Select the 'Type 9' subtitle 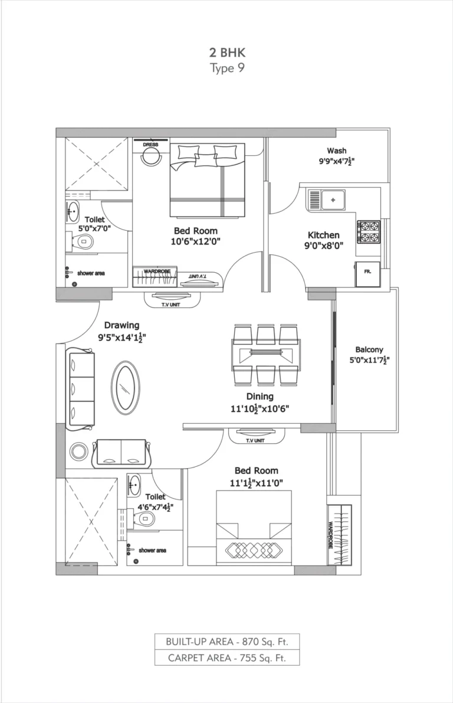point(226,68)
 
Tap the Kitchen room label point(322,234)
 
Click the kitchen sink point(333,200)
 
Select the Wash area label point(337,150)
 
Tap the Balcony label point(369,349)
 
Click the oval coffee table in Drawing point(126,388)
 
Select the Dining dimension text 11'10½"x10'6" point(260,408)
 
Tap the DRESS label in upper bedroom point(150,145)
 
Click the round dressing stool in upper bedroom point(152,156)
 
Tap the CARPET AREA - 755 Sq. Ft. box point(227,658)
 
